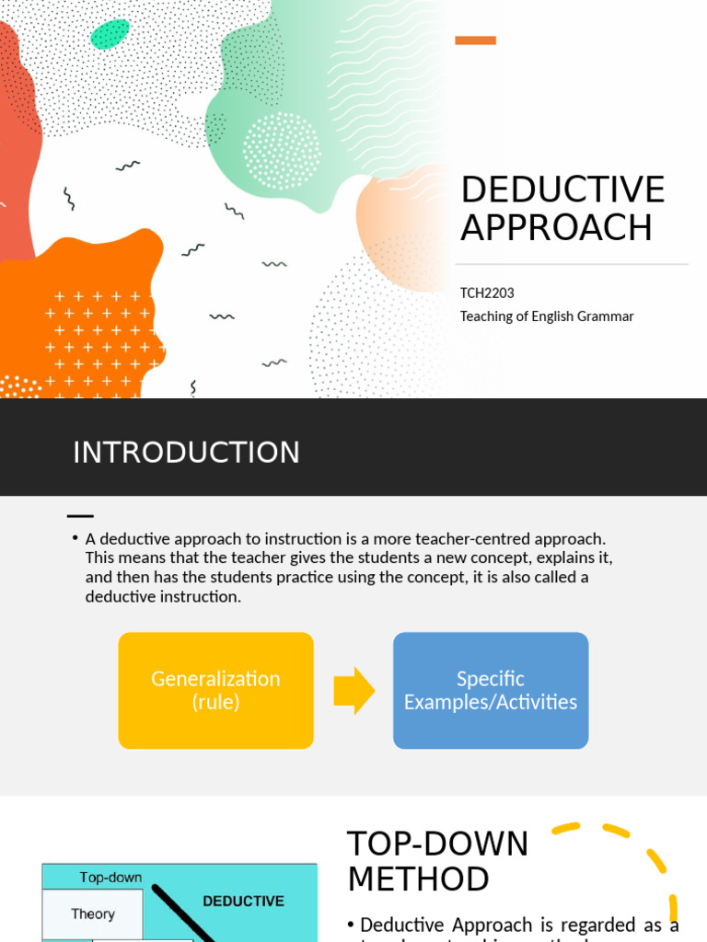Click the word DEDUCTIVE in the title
tap(562, 190)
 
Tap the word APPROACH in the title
tap(556, 227)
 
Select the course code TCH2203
tap(487, 293)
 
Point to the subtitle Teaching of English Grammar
tap(547, 316)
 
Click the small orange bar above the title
tap(476, 40)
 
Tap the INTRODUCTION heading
tap(186, 453)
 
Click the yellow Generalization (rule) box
tap(215, 690)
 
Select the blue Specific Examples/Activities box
tap(491, 690)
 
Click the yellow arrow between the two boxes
tap(353, 691)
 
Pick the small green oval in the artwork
tap(110, 34)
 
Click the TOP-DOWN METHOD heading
tap(437, 861)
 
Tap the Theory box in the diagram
tap(93, 913)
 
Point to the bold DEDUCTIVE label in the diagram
tap(243, 902)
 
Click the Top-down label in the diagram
tap(110, 878)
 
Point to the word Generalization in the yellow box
tap(215, 679)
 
